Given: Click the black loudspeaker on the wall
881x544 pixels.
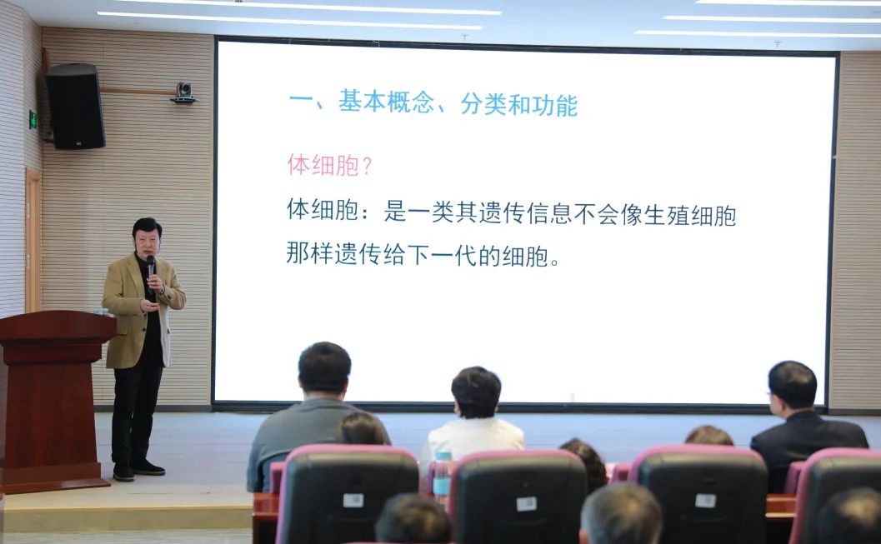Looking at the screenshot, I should click(x=75, y=106).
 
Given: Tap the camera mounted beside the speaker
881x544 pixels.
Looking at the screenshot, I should click(x=183, y=92).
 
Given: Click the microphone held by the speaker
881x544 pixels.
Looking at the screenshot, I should click(x=150, y=269).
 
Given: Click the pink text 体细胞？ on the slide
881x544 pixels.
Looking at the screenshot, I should click(x=329, y=165).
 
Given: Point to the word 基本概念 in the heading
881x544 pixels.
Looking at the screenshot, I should click(x=387, y=103).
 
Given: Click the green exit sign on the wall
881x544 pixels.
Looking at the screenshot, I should click(x=33, y=118).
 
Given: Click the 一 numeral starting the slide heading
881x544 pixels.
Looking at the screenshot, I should click(x=299, y=104).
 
